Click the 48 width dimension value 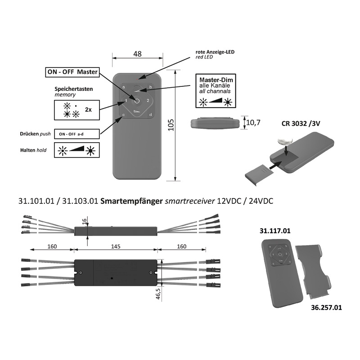(137, 54)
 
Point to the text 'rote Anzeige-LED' (215, 52)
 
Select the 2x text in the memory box (89, 110)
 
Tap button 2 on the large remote (148, 101)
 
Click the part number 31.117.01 (275, 231)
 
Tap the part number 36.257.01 (326, 308)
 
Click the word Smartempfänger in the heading (128, 201)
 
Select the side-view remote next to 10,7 (214, 122)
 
